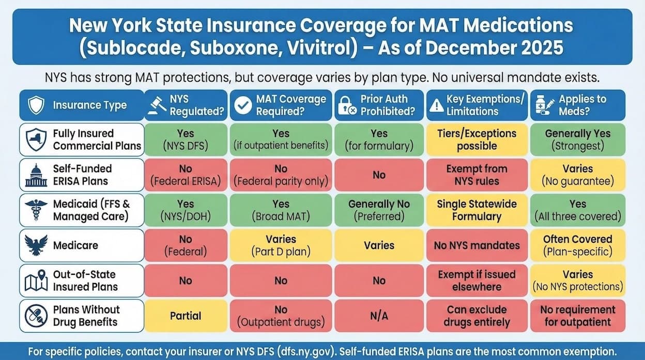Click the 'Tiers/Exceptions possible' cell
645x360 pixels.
tap(477, 139)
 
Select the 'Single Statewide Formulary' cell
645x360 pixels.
tap(477, 210)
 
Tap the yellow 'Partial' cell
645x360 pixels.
tap(185, 316)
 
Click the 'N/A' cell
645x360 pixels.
tap(379, 316)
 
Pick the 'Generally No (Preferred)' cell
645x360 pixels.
tap(379, 210)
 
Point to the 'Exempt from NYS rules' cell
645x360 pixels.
tap(477, 175)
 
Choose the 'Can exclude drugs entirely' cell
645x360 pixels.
tap(477, 316)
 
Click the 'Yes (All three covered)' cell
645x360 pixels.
tap(577, 210)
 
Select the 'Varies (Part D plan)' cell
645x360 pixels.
tap(281, 245)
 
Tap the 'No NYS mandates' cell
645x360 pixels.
tap(477, 245)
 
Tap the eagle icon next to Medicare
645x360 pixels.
tap(36, 245)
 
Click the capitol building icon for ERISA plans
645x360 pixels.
tap(36, 175)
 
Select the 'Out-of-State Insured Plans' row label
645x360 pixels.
tap(85, 280)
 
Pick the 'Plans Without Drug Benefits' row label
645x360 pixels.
tap(86, 316)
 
